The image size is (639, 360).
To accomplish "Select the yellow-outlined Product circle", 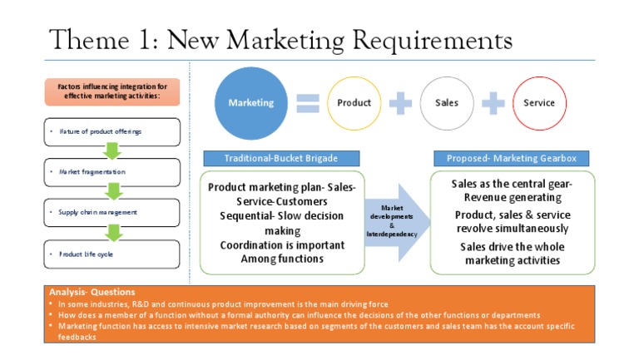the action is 354,103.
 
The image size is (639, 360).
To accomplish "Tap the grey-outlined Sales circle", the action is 447,103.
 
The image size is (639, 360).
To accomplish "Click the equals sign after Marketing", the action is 308,103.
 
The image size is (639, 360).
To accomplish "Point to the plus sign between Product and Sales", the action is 401,103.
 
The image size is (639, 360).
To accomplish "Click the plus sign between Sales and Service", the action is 493,103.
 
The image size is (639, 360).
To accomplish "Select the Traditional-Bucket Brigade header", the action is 282,158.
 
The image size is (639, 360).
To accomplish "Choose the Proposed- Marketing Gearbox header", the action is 512,158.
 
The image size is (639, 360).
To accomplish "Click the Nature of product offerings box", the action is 111,131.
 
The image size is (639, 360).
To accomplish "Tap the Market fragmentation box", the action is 111,172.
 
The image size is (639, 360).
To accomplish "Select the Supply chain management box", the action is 111,212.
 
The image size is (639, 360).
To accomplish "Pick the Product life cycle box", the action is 111,254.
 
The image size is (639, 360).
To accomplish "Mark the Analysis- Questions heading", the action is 81,293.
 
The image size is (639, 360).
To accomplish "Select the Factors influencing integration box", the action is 111,91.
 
